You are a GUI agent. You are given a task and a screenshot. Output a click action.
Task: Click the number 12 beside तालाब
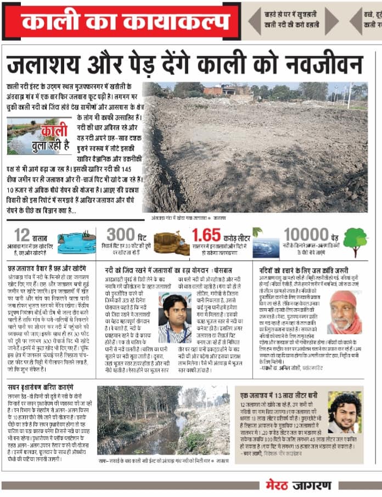coord(23,235)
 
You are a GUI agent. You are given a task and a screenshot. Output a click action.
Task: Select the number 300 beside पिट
coord(121,235)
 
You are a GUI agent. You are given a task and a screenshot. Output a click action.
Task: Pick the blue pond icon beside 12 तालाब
coord(76,242)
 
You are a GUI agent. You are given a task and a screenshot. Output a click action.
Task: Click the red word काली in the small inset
coord(53,132)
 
